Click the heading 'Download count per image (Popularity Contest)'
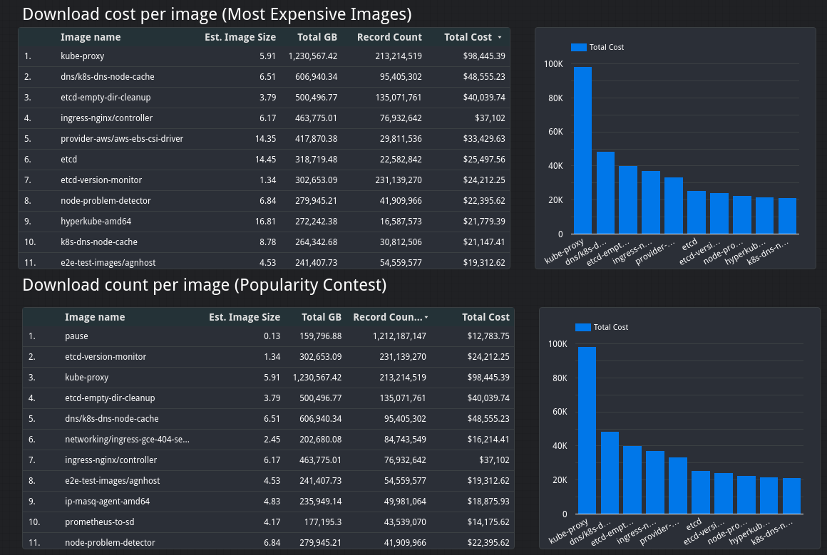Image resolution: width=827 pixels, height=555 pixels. click(x=204, y=286)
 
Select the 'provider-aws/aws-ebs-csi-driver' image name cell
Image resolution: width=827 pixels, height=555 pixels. click(x=122, y=139)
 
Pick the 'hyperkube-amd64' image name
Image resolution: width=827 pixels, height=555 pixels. click(x=96, y=222)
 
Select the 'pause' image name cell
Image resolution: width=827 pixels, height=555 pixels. click(x=76, y=336)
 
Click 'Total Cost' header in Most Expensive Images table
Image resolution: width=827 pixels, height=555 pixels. click(x=468, y=37)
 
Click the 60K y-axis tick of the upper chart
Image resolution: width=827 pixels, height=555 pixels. click(x=554, y=132)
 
